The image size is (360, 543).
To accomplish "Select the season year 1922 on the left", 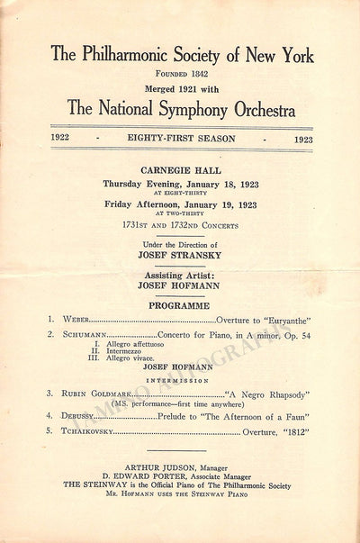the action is click(63, 140).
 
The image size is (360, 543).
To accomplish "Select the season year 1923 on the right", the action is click(303, 140).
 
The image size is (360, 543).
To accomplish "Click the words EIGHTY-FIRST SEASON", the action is click(183, 140).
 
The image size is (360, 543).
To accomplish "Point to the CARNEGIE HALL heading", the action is click(183, 169).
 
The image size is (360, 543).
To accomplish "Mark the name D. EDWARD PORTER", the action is click(144, 478).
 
